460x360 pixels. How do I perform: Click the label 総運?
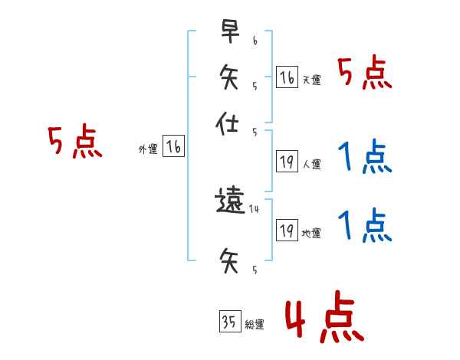[255, 325]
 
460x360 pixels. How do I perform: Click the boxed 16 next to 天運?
[286, 77]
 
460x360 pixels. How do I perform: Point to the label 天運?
[311, 80]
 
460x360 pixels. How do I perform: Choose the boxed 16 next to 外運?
[173, 147]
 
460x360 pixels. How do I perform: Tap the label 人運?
[311, 163]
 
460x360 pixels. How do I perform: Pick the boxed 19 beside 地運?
[286, 230]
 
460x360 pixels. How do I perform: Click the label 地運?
[311, 233]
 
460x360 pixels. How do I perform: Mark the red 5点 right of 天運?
[365, 74]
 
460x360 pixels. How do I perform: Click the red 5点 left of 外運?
[74, 143]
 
